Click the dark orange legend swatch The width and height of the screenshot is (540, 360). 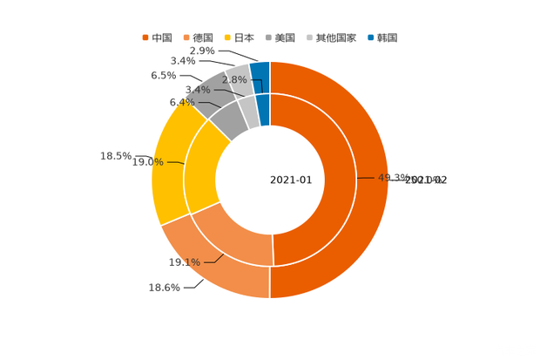point(145,37)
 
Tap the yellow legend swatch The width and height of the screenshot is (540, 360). point(228,37)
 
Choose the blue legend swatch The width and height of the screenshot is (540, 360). point(371,37)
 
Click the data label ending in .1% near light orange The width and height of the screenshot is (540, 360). point(185,262)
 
